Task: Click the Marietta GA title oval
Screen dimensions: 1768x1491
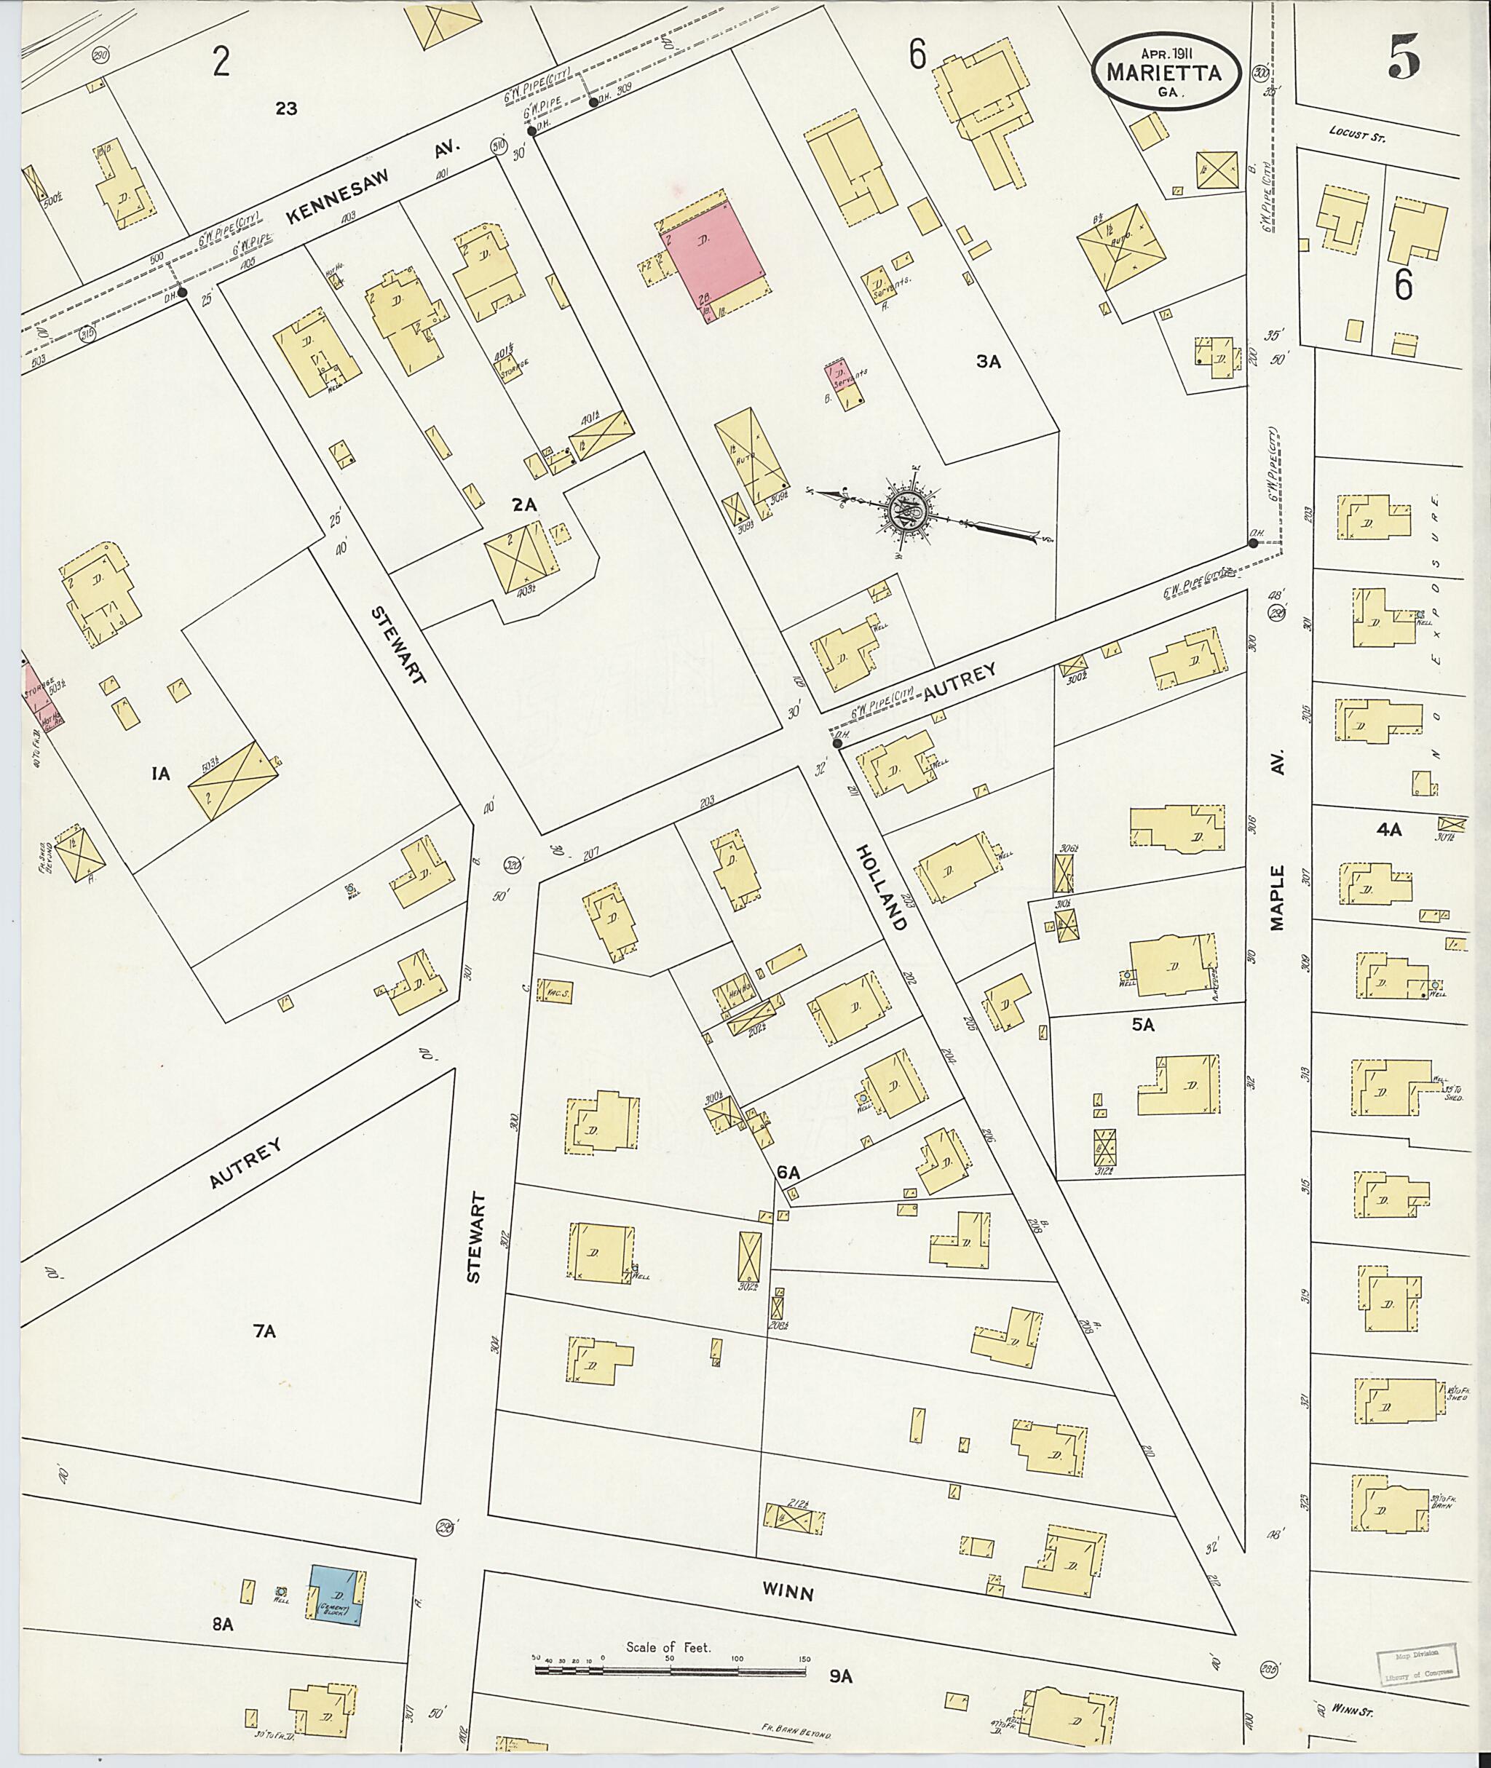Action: tap(1166, 74)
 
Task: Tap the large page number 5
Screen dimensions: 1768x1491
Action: tap(1403, 58)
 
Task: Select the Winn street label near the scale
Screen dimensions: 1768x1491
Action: tap(788, 1002)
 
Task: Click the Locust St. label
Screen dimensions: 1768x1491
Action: tap(1358, 132)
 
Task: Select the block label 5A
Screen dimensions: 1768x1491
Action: tap(1143, 1025)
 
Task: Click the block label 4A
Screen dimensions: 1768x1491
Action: tap(1389, 830)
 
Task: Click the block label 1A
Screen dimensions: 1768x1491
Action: tap(162, 772)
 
